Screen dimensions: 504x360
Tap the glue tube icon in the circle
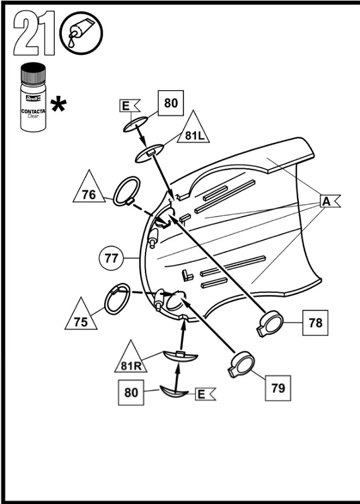point(80,33)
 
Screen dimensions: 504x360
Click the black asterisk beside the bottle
point(59,105)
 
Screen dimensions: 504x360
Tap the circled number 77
point(112,258)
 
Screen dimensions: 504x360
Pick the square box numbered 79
point(277,388)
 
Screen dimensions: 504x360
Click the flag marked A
point(328,201)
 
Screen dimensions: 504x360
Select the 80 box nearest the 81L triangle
point(170,103)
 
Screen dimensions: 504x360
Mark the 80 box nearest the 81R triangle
point(131,392)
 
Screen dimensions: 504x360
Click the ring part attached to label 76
point(126,190)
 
